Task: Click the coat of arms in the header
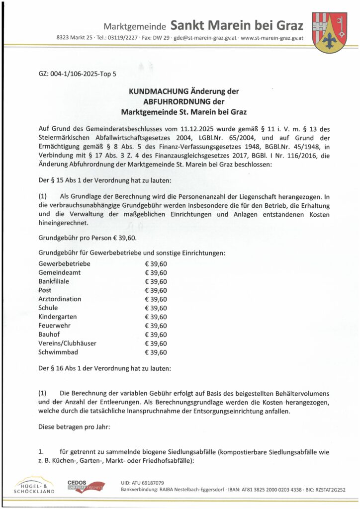pyautogui.click(x=329, y=32)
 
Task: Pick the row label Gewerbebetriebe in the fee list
pyautogui.click(x=64, y=263)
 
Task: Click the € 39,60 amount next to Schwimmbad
pyautogui.click(x=156, y=352)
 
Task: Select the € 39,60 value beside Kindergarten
pyautogui.click(x=156, y=317)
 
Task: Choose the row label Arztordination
pyautogui.click(x=60, y=299)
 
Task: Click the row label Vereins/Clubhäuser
pyautogui.click(x=67, y=343)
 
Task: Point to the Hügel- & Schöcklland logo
pyautogui.click(x=34, y=486)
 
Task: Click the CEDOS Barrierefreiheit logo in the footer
pyautogui.click(x=86, y=486)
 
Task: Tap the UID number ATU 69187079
pyautogui.click(x=142, y=483)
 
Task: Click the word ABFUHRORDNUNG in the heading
pyautogui.click(x=184, y=101)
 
